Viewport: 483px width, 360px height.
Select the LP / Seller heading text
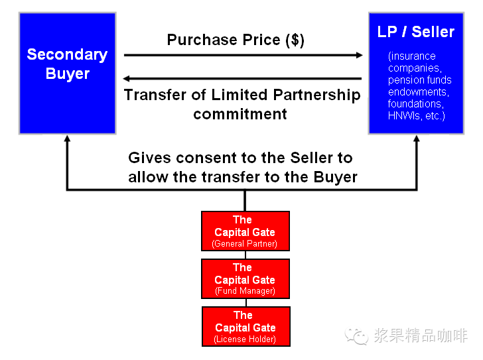coord(415,32)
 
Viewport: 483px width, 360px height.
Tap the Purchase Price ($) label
coord(236,40)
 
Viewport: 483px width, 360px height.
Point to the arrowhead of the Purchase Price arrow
coord(358,55)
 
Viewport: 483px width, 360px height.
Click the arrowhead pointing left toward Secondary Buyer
coord(130,78)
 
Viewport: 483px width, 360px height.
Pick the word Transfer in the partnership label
coord(155,95)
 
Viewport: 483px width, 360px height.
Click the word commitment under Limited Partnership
coord(240,114)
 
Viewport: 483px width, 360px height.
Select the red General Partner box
coord(245,231)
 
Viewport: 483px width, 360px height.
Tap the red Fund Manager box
coord(245,278)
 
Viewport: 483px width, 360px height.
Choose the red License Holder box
coord(245,326)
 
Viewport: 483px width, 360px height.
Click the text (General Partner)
coord(245,244)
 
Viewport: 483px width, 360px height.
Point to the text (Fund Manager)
coord(245,291)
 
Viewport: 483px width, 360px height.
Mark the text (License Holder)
coord(245,339)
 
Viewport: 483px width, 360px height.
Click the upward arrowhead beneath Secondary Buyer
coord(66,141)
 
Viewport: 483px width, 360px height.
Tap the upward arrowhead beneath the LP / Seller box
coord(416,141)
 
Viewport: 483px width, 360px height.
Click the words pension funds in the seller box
coord(419,80)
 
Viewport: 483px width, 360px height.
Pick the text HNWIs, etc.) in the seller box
coord(417,116)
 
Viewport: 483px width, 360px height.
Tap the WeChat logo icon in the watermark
coord(358,335)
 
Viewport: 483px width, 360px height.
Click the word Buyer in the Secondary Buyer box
coord(67,74)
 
